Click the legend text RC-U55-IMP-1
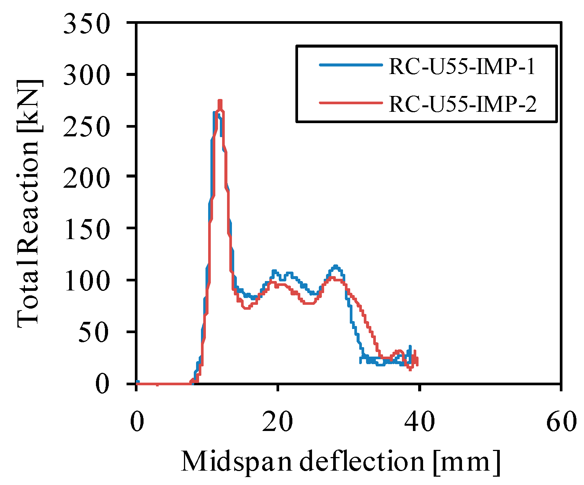[462, 67]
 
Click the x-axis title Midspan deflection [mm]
[341, 462]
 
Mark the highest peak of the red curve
[220, 101]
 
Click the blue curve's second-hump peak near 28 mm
[335, 266]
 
